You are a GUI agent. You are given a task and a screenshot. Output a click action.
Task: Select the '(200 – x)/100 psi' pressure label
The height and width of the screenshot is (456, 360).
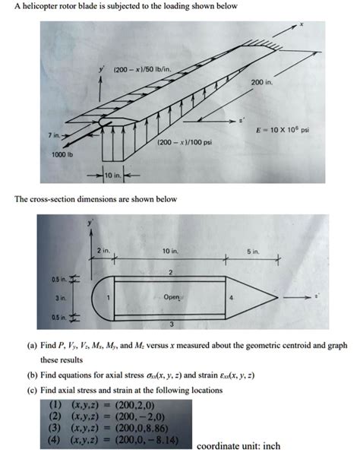click(181, 142)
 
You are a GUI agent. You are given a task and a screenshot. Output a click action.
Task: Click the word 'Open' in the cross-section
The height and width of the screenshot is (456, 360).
click(172, 296)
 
